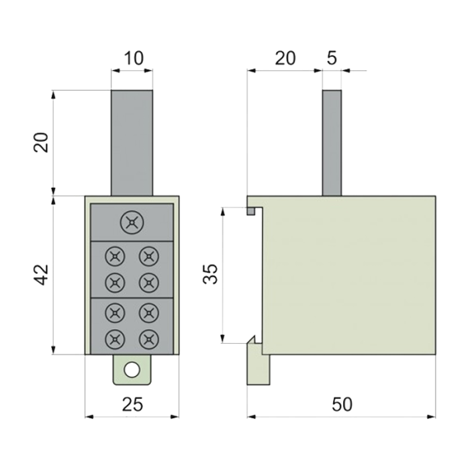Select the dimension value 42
(x=41, y=275)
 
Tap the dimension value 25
(x=132, y=404)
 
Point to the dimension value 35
(x=209, y=274)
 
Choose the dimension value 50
(x=342, y=404)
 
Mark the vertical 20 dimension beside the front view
(x=41, y=142)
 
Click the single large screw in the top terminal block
(x=132, y=222)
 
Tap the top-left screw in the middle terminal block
(x=115, y=256)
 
